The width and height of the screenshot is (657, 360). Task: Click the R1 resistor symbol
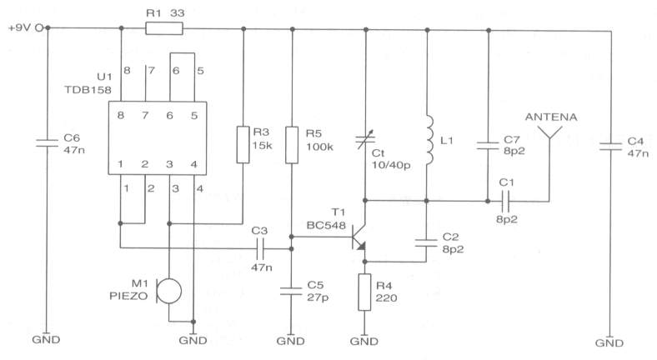tap(164, 28)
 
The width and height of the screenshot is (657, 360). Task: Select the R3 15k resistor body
tap(243, 144)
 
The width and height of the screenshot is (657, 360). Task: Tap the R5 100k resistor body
tap(292, 145)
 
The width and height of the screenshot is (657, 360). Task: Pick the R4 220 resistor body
tap(364, 292)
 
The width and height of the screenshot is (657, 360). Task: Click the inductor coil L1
tap(429, 140)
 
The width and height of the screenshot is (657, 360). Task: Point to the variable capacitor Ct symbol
tap(365, 140)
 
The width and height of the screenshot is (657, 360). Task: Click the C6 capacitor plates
tap(47, 143)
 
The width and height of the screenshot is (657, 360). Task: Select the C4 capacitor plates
tap(610, 147)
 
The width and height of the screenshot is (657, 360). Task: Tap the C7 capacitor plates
tap(488, 146)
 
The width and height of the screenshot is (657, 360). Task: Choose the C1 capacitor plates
tap(505, 202)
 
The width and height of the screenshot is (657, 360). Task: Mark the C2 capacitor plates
tap(426, 242)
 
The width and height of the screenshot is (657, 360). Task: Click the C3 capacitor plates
tap(260, 249)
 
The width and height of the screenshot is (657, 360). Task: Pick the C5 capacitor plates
tap(291, 291)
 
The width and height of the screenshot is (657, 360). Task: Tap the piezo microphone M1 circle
tap(169, 291)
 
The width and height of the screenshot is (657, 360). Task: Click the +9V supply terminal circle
tap(39, 28)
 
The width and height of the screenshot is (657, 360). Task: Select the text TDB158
tap(88, 90)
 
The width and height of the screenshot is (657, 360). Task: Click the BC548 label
tap(326, 226)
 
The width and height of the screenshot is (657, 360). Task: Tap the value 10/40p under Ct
tap(391, 165)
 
